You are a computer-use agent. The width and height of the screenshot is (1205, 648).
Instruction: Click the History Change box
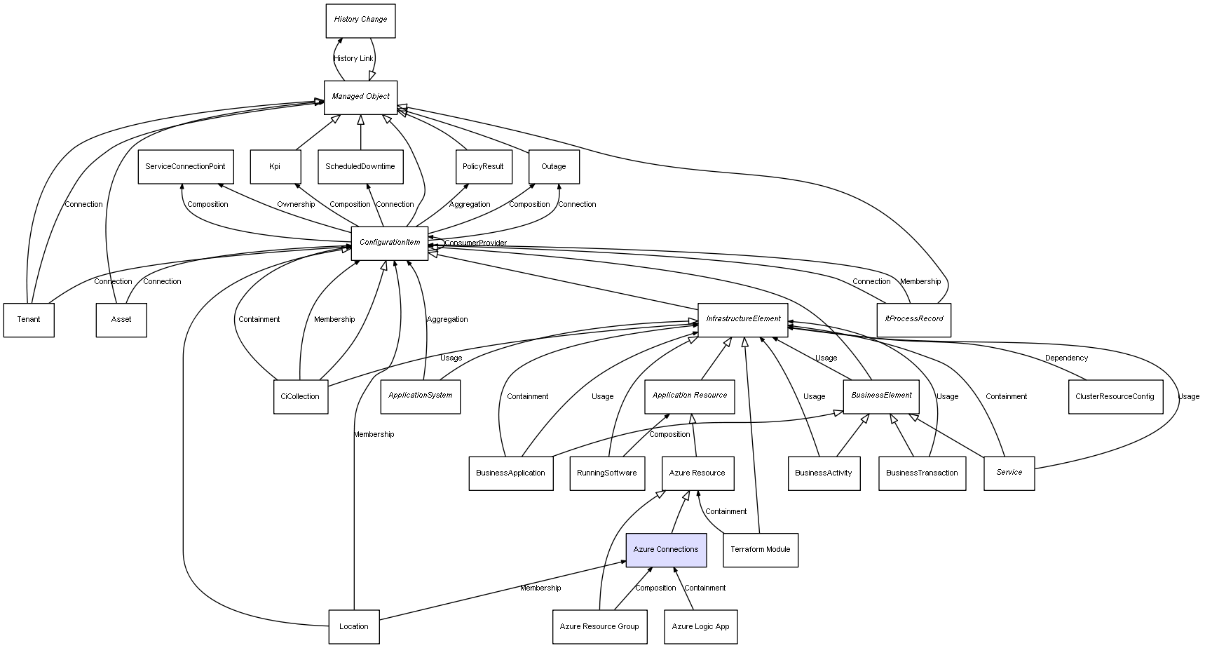[360, 20]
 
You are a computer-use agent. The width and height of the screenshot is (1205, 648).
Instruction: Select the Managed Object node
[360, 97]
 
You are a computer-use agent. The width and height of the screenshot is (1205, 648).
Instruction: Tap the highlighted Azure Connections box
[666, 550]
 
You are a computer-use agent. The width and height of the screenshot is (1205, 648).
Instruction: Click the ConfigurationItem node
[389, 243]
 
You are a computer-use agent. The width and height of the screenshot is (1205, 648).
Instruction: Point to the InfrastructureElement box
[742, 319]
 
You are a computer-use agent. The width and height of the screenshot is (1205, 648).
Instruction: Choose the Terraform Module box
[760, 550]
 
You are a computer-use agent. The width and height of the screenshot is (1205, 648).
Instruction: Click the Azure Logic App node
[700, 627]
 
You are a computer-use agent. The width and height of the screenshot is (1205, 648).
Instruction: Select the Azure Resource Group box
[599, 627]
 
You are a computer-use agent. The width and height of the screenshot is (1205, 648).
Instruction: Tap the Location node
[353, 627]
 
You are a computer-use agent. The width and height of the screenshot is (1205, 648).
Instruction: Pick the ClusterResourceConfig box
[1115, 397]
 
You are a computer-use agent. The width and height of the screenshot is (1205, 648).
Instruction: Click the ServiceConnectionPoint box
[185, 167]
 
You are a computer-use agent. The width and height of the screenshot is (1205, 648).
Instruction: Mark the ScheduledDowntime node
[360, 167]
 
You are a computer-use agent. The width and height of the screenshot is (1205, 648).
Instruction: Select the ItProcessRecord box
[913, 319]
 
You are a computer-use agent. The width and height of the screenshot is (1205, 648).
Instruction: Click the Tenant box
[29, 320]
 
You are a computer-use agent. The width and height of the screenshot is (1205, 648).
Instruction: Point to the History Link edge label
[353, 59]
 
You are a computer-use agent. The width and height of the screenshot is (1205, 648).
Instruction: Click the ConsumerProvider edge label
[475, 243]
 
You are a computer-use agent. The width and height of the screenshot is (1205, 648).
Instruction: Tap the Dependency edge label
[1066, 358]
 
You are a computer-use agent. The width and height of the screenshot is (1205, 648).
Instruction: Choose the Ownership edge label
[296, 205]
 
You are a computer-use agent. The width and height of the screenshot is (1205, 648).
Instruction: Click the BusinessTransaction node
[922, 473]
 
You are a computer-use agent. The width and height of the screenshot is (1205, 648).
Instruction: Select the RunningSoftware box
[606, 473]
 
